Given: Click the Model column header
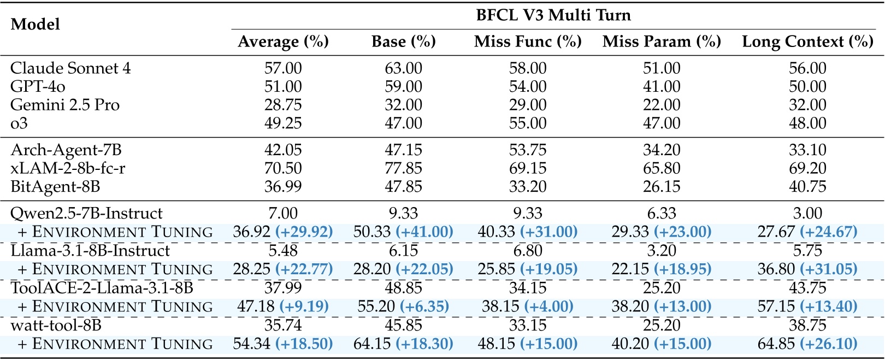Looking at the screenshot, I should [x=36, y=25].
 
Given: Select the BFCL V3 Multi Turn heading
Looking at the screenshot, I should [x=553, y=15].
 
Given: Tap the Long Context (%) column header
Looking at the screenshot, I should [x=807, y=42].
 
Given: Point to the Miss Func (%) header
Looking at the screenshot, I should [x=528, y=42].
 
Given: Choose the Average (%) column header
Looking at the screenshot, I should [x=283, y=42].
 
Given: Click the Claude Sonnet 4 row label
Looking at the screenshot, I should [x=70, y=68].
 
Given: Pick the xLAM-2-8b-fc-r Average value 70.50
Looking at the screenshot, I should [x=283, y=168].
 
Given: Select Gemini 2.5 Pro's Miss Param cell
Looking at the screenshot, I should [x=662, y=105].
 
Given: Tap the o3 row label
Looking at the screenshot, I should [x=19, y=123].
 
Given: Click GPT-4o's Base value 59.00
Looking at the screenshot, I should [x=403, y=87].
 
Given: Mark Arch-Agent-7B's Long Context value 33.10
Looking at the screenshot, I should [x=807, y=150].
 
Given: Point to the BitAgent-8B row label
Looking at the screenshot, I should [x=55, y=187].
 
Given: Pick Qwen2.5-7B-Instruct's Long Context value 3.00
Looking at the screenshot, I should [x=807, y=213].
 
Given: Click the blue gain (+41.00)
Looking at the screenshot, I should [x=424, y=232].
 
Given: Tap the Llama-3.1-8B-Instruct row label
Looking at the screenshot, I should [x=90, y=251].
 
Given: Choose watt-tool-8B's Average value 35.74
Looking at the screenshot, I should [x=283, y=326].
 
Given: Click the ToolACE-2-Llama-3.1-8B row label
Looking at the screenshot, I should [x=102, y=288].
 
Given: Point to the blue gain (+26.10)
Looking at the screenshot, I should [x=829, y=344].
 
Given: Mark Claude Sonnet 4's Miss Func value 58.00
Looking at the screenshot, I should [x=528, y=68].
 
